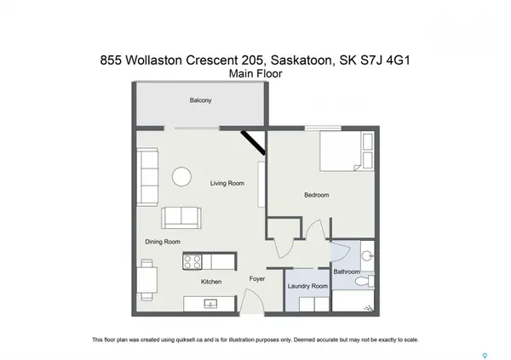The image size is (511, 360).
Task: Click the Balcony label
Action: [201, 101]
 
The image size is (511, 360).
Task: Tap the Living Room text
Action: [227, 183]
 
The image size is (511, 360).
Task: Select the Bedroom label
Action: [316, 195]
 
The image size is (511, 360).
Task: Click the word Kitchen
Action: [211, 282]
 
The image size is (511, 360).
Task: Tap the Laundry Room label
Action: [308, 287]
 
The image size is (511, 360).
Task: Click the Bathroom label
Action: [347, 271]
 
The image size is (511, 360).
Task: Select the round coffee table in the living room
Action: [182, 176]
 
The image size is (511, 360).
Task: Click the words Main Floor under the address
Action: [255, 74]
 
